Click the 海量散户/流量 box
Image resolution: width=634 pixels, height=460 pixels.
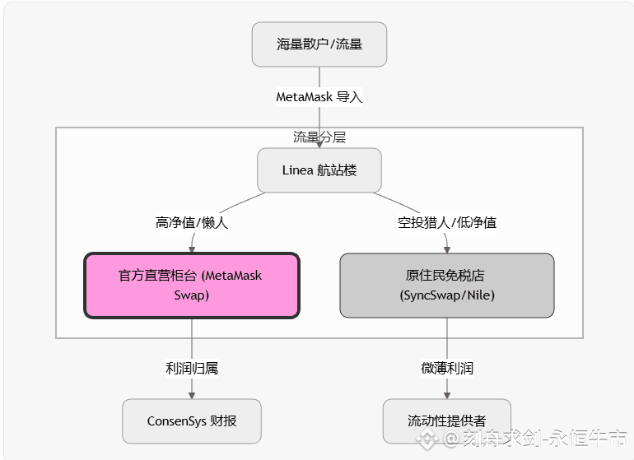coord(319,44)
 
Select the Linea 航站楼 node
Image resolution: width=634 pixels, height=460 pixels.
coord(319,170)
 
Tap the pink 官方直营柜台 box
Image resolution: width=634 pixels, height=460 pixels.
coord(191,285)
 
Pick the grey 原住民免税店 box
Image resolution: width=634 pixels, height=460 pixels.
coord(446,285)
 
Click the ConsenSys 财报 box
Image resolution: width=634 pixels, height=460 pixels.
coord(192,421)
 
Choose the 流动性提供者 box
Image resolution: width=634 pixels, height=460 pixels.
coord(446,421)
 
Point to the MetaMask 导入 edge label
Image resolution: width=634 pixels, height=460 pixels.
coord(319,97)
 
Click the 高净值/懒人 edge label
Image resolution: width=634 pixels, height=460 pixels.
coord(191,222)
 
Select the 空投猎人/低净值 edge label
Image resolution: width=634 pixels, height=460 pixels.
coord(447,222)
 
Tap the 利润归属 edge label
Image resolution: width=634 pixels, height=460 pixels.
coord(192,369)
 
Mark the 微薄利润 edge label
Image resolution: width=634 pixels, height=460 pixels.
coord(447,369)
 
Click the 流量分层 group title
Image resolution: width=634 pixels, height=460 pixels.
coord(319,137)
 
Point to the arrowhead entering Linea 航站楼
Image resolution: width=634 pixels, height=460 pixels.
coord(319,144)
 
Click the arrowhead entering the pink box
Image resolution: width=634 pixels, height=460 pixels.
coord(192,249)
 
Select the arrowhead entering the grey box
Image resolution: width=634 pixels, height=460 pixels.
coord(447,249)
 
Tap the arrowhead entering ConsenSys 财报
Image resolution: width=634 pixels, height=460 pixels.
coord(192,395)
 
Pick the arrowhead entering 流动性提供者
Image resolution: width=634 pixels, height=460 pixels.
coord(447,395)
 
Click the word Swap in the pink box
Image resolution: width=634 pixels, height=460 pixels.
coord(191,295)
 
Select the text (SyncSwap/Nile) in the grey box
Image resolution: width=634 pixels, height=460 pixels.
coord(446,295)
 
